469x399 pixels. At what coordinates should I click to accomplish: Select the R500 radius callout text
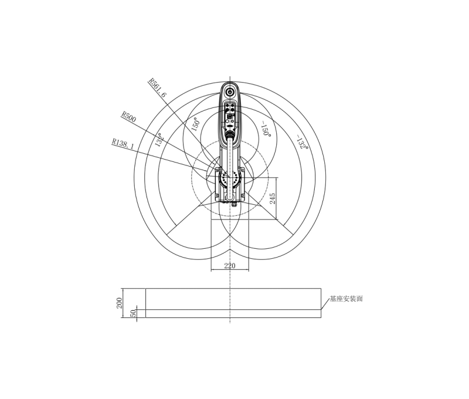[128, 116]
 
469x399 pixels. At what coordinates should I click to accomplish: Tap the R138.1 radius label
[123, 142]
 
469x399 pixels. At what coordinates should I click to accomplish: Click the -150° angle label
[266, 130]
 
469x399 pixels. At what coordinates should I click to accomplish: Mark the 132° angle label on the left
[158, 140]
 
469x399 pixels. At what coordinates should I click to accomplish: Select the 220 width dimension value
[230, 266]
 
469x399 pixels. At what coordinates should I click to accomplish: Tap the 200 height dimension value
[119, 303]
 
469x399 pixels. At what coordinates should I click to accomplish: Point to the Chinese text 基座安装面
[346, 299]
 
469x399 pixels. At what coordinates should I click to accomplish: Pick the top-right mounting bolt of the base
[240, 170]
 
